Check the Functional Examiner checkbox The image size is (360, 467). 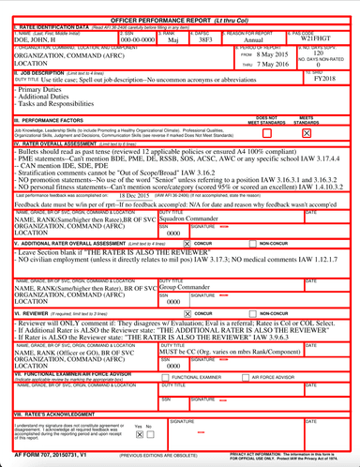point(166,377)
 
